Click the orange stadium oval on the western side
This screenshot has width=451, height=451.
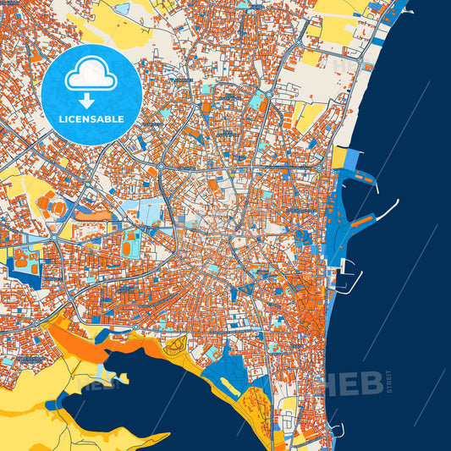[58, 206]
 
